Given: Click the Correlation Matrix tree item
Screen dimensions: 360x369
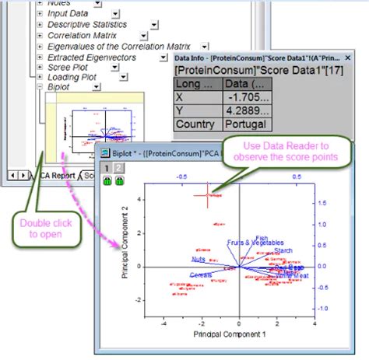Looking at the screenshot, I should click(82, 35).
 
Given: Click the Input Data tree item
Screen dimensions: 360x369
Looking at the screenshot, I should click(68, 13).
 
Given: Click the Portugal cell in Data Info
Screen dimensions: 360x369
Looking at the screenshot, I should click(244, 124).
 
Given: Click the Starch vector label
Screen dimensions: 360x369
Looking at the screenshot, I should click(283, 250).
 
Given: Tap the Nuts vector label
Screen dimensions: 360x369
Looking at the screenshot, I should click(199, 259).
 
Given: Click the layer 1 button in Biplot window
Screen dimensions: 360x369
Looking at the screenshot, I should click(107, 168).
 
